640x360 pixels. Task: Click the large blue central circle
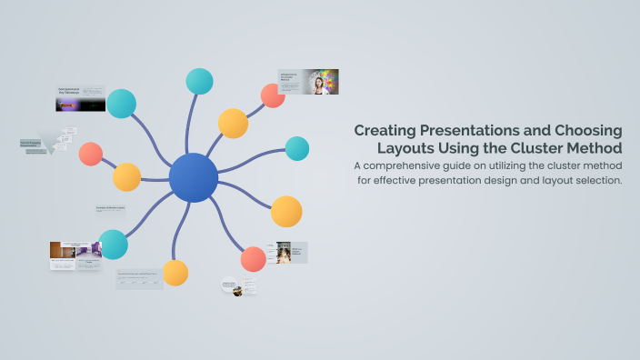point(193,177)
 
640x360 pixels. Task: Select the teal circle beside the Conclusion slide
point(121,104)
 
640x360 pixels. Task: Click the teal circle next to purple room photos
point(113,244)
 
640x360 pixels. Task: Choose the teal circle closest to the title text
point(297,148)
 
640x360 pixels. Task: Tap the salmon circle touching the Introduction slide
point(273,95)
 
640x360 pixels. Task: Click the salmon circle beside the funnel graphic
point(90,154)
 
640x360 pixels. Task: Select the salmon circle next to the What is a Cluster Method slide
point(254,259)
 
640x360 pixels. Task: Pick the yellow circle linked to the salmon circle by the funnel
point(126,177)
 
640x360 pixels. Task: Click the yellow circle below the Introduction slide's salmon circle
point(233,124)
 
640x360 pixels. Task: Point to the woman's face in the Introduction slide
point(319,83)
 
